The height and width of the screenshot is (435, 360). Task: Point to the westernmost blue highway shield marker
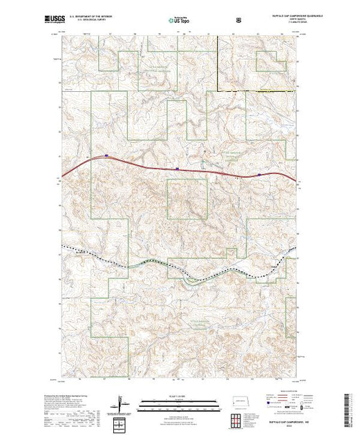[x=106, y=156]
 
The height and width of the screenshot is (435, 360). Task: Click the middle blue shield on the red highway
[x=178, y=167]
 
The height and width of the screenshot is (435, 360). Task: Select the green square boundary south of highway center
[x=187, y=200]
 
